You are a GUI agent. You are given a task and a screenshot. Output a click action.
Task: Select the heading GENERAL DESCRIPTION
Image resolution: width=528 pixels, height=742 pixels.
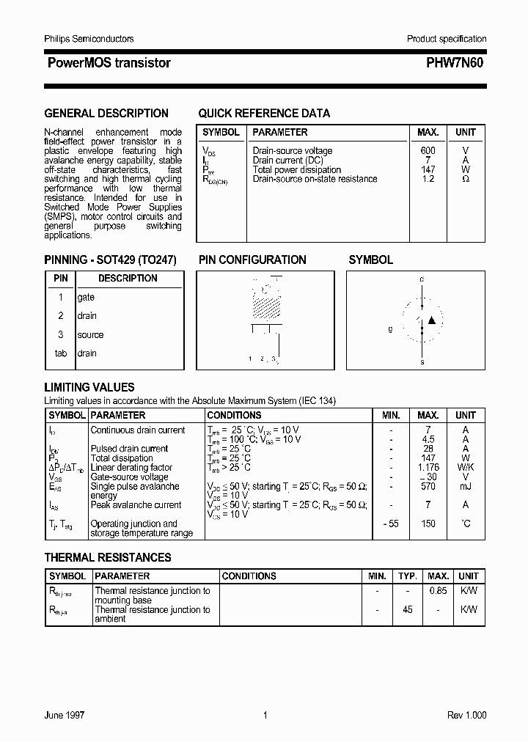click(x=106, y=114)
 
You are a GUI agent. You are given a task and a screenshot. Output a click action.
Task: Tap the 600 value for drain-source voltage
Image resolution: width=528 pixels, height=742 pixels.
click(x=428, y=151)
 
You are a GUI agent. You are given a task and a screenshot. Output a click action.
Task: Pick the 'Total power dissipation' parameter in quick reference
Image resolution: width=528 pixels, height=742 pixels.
click(x=297, y=170)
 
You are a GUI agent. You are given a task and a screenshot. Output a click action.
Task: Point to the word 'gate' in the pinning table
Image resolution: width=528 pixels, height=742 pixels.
click(x=86, y=298)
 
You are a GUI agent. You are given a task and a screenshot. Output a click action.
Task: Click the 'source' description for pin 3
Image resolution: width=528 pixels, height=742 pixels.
click(x=90, y=335)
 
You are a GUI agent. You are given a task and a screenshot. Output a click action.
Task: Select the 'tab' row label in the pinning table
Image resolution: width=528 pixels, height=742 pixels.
click(x=61, y=353)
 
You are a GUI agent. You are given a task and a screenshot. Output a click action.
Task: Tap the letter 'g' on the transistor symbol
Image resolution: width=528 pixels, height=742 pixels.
click(x=390, y=329)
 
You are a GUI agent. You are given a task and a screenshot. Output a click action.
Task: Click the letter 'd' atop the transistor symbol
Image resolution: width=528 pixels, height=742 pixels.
click(x=422, y=280)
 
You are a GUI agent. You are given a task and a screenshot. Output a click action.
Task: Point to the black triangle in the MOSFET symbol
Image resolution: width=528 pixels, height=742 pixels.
click(x=432, y=320)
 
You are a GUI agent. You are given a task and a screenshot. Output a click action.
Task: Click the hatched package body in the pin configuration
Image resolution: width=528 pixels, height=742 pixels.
click(x=265, y=301)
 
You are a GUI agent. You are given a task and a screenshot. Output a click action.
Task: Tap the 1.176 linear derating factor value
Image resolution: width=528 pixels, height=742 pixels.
click(x=428, y=468)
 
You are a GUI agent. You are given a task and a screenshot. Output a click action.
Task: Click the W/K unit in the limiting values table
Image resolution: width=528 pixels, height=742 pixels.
click(x=466, y=468)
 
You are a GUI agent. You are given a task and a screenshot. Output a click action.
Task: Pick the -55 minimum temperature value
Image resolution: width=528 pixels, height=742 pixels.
click(x=390, y=524)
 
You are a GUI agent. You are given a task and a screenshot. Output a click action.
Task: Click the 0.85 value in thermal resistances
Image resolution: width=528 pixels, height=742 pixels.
click(x=438, y=591)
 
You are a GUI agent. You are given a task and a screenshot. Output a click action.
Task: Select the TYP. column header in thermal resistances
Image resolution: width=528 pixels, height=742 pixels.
click(x=408, y=576)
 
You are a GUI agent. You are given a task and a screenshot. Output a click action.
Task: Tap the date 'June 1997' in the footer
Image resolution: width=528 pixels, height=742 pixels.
click(x=65, y=716)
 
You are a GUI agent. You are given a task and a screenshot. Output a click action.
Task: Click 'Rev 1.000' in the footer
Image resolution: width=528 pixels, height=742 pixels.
click(x=466, y=716)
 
